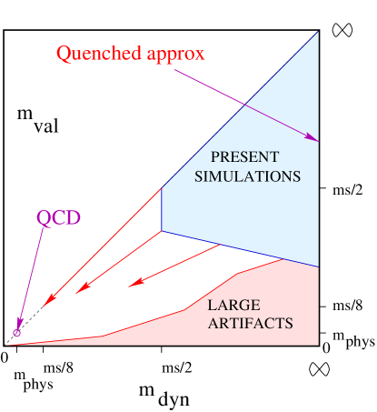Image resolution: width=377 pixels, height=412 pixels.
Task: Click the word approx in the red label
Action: (x=174, y=54)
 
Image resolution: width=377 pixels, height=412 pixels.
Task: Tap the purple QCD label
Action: (x=58, y=218)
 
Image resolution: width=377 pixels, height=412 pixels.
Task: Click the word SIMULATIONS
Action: (x=247, y=176)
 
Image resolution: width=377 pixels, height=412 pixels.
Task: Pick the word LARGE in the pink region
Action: (x=233, y=306)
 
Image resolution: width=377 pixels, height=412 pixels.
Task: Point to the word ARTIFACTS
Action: (x=250, y=324)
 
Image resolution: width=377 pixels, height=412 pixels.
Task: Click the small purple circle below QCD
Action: (x=16, y=334)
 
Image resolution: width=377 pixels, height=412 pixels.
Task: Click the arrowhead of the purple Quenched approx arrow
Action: (x=314, y=139)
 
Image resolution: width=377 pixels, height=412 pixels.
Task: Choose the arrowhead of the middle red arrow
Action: (x=80, y=290)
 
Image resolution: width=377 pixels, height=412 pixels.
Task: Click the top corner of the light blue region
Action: (x=318, y=33)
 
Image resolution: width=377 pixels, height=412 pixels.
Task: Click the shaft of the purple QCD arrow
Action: (x=32, y=273)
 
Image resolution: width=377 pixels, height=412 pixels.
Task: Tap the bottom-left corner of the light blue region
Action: (x=162, y=230)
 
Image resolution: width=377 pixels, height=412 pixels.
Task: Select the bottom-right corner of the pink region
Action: (x=318, y=345)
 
